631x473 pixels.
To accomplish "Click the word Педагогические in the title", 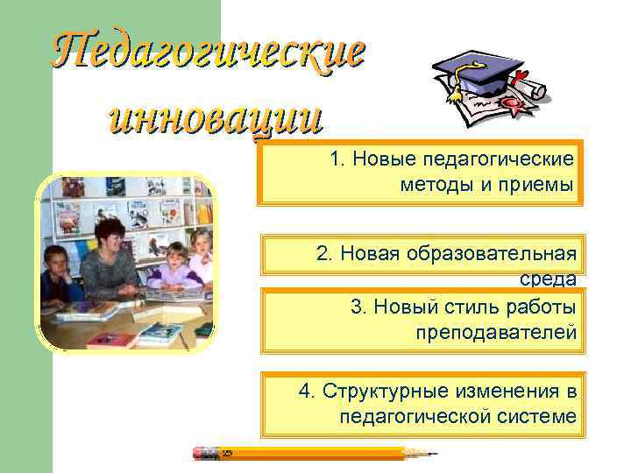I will point(208,53).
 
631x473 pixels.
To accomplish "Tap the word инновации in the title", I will point(214,116).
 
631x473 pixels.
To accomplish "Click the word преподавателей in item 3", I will point(497,332).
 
